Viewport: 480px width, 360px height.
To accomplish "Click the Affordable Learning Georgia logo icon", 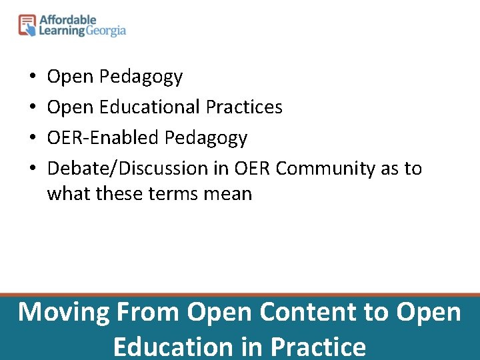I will pos(27,25).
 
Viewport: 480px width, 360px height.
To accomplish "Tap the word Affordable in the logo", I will pos(67,20).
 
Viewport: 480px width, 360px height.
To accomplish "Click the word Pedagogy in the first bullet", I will pos(141,77).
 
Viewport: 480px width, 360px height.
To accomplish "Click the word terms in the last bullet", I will pos(173,194).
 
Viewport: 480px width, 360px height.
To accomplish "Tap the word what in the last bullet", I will pos(69,194).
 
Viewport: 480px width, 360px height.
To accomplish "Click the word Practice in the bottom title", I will pos(319,347).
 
